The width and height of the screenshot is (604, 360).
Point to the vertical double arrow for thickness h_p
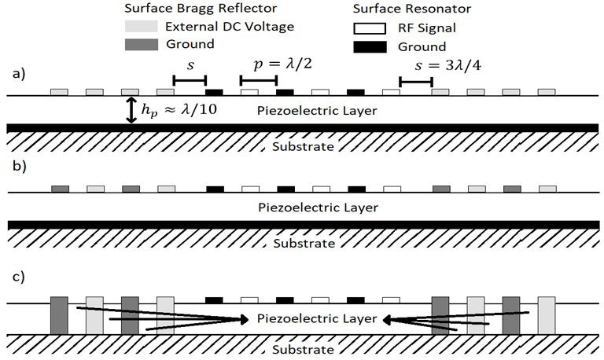[x=131, y=109]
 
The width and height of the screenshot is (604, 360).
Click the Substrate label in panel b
[x=303, y=243]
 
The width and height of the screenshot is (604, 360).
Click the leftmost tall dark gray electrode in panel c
[x=58, y=314]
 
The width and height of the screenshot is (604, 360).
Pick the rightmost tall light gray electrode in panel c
[x=547, y=314]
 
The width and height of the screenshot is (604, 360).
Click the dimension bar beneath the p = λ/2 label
[x=259, y=80]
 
